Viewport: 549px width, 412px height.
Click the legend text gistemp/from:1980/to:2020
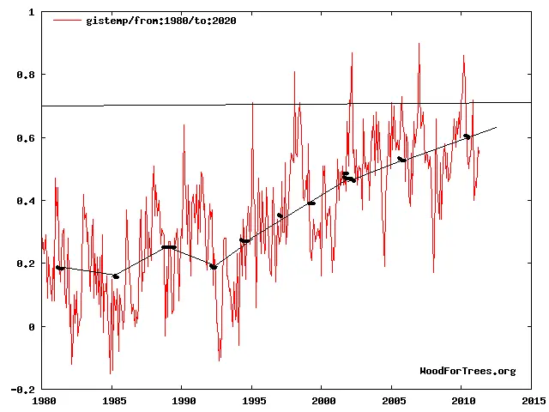pos(161,21)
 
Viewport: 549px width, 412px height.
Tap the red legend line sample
pos(67,21)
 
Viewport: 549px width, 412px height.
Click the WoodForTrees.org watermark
pos(468,371)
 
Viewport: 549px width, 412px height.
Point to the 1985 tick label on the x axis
pos(112,400)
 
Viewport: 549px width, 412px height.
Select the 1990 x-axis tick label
pos(182,400)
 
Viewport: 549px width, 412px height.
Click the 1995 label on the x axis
pos(252,400)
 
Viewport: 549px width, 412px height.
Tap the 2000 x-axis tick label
pos(323,400)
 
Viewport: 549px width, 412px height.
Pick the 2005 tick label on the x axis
pos(392,400)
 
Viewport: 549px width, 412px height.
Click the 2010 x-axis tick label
pos(462,400)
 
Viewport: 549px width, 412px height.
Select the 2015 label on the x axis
pos(532,400)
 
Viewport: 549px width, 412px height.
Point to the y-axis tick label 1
pos(32,13)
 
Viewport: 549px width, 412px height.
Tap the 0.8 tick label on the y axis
pos(26,76)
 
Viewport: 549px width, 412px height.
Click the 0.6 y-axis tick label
pos(26,138)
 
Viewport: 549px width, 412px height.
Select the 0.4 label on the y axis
pos(26,201)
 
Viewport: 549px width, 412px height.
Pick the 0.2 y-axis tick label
pos(26,264)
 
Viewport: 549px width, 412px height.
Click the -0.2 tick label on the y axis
pos(23,389)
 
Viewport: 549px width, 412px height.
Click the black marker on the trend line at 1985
pos(116,276)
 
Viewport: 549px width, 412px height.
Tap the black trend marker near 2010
pos(467,136)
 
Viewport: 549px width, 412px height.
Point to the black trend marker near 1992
pos(213,267)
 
